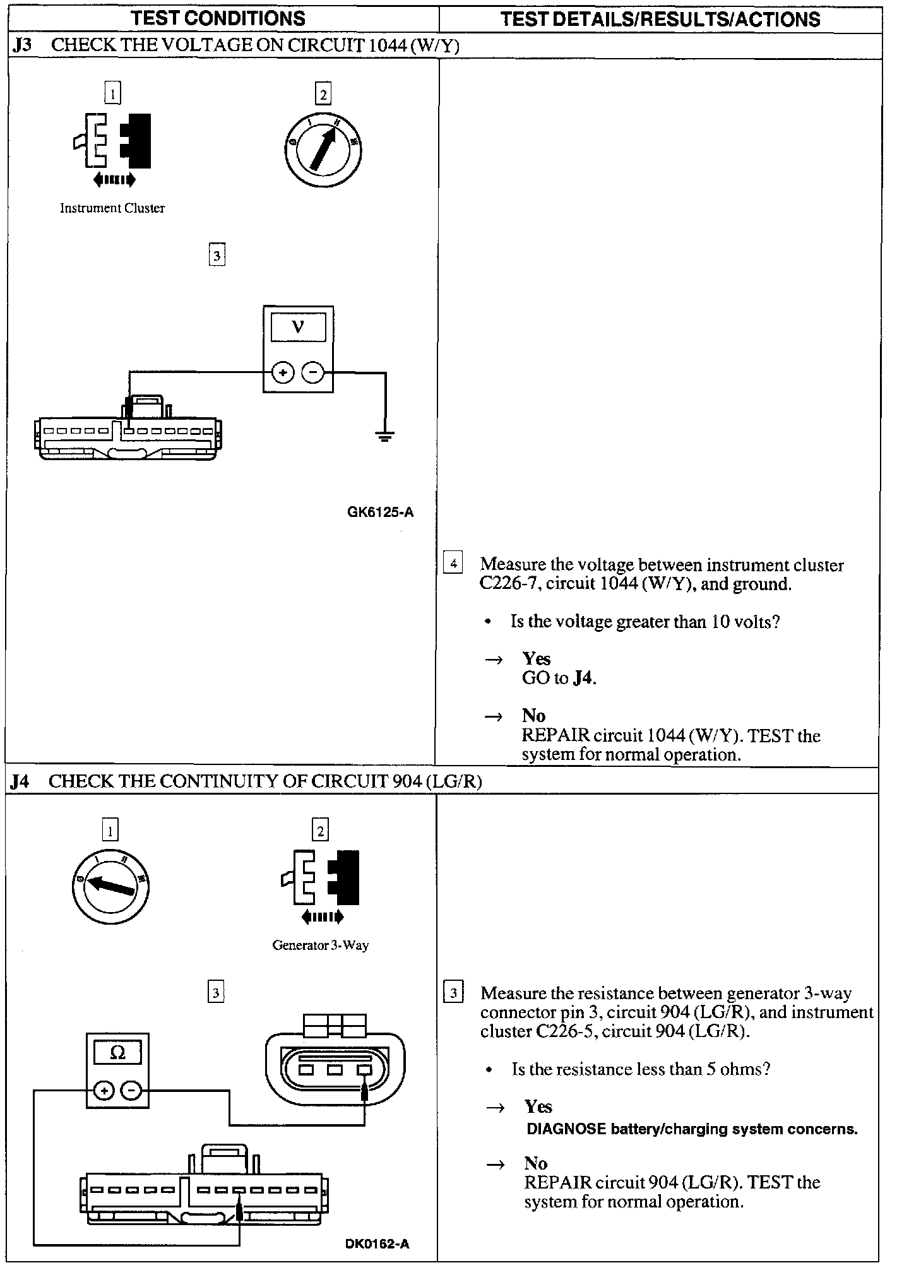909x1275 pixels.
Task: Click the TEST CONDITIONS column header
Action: (x=218, y=18)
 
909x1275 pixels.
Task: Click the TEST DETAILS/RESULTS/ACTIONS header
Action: (x=660, y=19)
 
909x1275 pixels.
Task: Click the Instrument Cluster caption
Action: (x=112, y=208)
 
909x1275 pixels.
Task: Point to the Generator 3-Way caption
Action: (x=320, y=946)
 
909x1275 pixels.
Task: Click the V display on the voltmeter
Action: (x=298, y=328)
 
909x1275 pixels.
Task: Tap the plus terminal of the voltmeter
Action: (x=283, y=373)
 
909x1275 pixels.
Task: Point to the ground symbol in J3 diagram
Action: (x=384, y=436)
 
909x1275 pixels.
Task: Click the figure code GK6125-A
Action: (x=380, y=513)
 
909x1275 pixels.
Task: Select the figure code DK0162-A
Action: (x=377, y=1244)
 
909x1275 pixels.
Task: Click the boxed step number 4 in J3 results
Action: (x=453, y=562)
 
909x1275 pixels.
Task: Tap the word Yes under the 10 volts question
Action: (x=537, y=659)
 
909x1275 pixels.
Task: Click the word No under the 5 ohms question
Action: (x=535, y=1163)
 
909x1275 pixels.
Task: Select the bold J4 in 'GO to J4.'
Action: (x=584, y=679)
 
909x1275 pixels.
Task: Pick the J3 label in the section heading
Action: (x=21, y=45)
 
